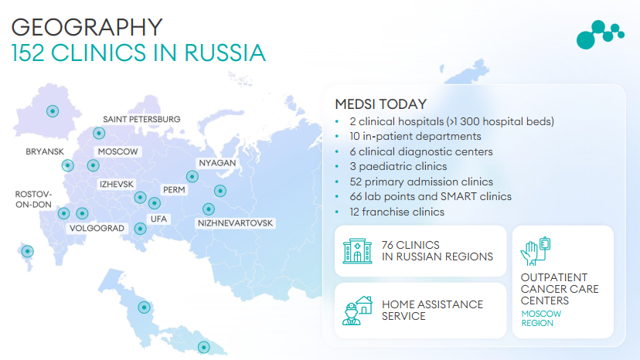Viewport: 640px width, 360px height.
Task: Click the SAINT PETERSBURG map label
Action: tap(141, 119)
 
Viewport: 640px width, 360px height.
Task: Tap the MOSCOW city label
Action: tap(117, 151)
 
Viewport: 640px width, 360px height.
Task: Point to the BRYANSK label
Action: tap(45, 151)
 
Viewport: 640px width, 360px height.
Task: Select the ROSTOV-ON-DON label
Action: tap(33, 199)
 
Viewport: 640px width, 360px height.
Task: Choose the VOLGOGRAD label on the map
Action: tap(97, 228)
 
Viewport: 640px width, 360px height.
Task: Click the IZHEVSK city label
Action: tap(116, 184)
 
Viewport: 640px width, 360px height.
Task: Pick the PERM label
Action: tap(174, 190)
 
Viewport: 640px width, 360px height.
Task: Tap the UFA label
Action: tap(158, 219)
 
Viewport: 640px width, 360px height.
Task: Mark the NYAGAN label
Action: tap(217, 163)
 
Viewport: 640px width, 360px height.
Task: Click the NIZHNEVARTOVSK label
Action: tap(235, 223)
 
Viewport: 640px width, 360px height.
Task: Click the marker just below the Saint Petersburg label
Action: tap(99, 133)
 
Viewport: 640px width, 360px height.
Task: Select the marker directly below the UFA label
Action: tap(141, 229)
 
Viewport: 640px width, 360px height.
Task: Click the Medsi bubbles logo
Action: tap(600, 35)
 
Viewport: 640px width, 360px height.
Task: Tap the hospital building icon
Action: tap(358, 250)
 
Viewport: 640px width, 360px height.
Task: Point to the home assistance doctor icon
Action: tap(358, 311)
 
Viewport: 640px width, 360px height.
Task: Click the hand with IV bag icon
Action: tap(536, 251)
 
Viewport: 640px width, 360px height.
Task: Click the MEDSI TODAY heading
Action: tap(381, 104)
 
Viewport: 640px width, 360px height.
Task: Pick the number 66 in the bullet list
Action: tap(356, 197)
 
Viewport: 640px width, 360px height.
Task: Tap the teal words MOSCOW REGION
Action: tap(541, 318)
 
